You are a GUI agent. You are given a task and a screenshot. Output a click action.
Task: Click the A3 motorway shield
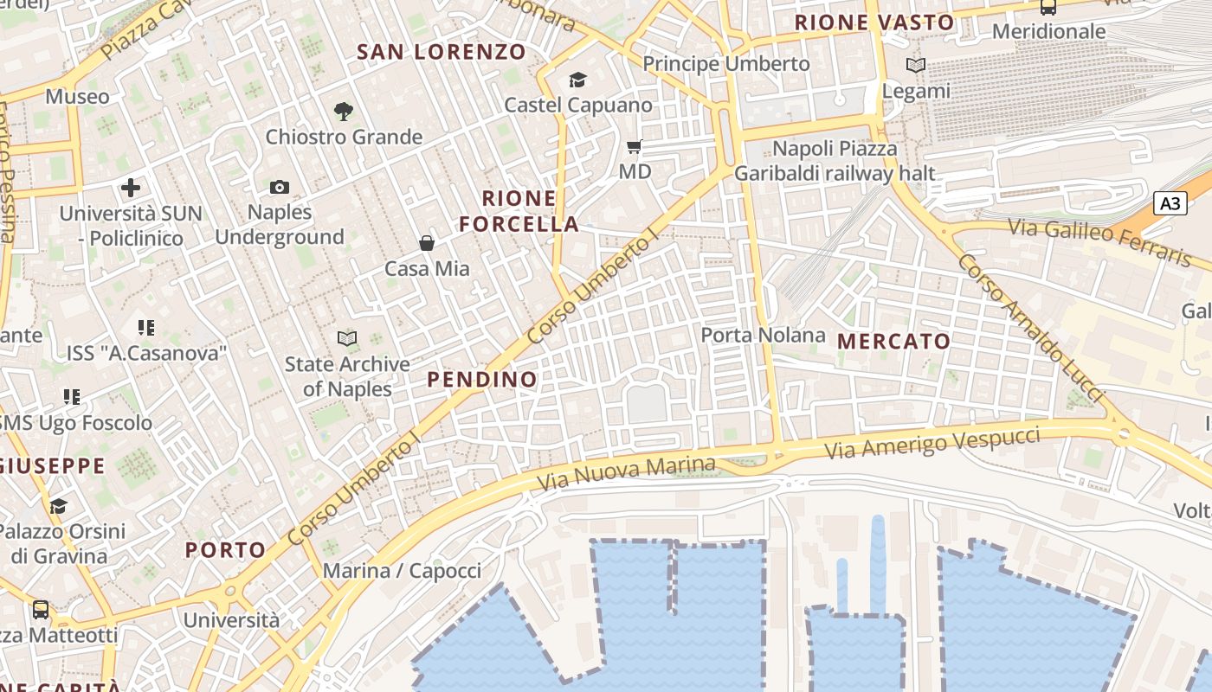coord(1170,204)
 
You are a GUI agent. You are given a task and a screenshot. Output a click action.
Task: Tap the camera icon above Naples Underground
coord(280,187)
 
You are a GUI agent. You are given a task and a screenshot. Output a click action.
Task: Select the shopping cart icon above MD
coord(635,147)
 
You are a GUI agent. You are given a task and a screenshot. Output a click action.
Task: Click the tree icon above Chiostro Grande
coord(344,111)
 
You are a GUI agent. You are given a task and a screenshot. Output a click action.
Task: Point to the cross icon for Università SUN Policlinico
coord(131,187)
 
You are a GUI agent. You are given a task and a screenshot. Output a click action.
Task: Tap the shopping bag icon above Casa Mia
coord(427,243)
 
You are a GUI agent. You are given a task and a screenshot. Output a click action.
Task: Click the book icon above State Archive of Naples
coord(347,338)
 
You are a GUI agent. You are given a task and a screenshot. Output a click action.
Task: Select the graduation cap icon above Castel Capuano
coord(577,80)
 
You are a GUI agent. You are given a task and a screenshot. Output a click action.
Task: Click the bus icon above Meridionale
coord(1048,7)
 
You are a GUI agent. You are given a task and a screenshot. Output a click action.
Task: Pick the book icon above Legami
coord(916,65)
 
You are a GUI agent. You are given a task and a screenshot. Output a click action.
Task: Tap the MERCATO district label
coord(894,342)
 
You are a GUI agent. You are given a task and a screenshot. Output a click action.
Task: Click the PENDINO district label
coord(482,380)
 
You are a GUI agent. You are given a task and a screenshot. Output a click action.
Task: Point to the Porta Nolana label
coord(763,335)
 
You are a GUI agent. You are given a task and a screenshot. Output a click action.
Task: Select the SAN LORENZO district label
coord(442,52)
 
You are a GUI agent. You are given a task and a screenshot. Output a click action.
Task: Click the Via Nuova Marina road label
coord(627,471)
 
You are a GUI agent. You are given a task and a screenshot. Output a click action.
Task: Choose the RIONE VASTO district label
coord(874,22)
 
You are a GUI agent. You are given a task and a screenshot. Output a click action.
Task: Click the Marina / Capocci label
coord(402,571)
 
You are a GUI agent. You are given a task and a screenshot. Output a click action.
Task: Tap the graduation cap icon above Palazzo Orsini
coord(58,506)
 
